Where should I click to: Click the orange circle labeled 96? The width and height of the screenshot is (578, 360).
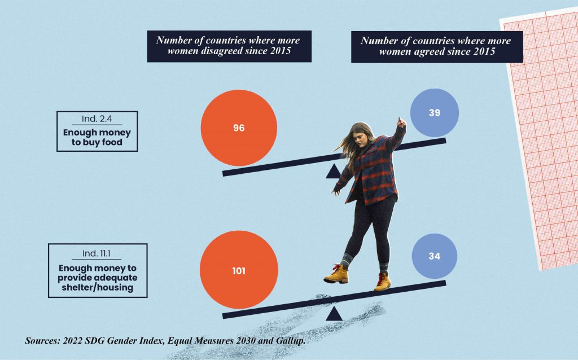[x=239, y=128]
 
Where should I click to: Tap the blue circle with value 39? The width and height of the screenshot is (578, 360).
[x=434, y=113]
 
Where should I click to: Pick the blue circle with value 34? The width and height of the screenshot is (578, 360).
[x=434, y=256]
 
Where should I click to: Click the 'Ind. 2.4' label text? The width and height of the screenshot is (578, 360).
[x=97, y=120]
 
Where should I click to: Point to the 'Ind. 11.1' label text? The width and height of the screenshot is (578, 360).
[x=97, y=252]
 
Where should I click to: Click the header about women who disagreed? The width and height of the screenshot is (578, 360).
[x=229, y=46]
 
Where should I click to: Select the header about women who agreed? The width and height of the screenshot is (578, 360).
[x=436, y=46]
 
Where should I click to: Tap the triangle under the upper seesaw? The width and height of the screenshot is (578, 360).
[x=334, y=172]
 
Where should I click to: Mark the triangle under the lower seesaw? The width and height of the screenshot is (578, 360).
[x=334, y=314]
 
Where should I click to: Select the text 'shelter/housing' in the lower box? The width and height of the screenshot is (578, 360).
[x=98, y=287]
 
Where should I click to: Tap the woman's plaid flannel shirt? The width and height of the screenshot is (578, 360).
[x=375, y=169]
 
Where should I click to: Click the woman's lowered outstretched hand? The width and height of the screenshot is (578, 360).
[x=336, y=191]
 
